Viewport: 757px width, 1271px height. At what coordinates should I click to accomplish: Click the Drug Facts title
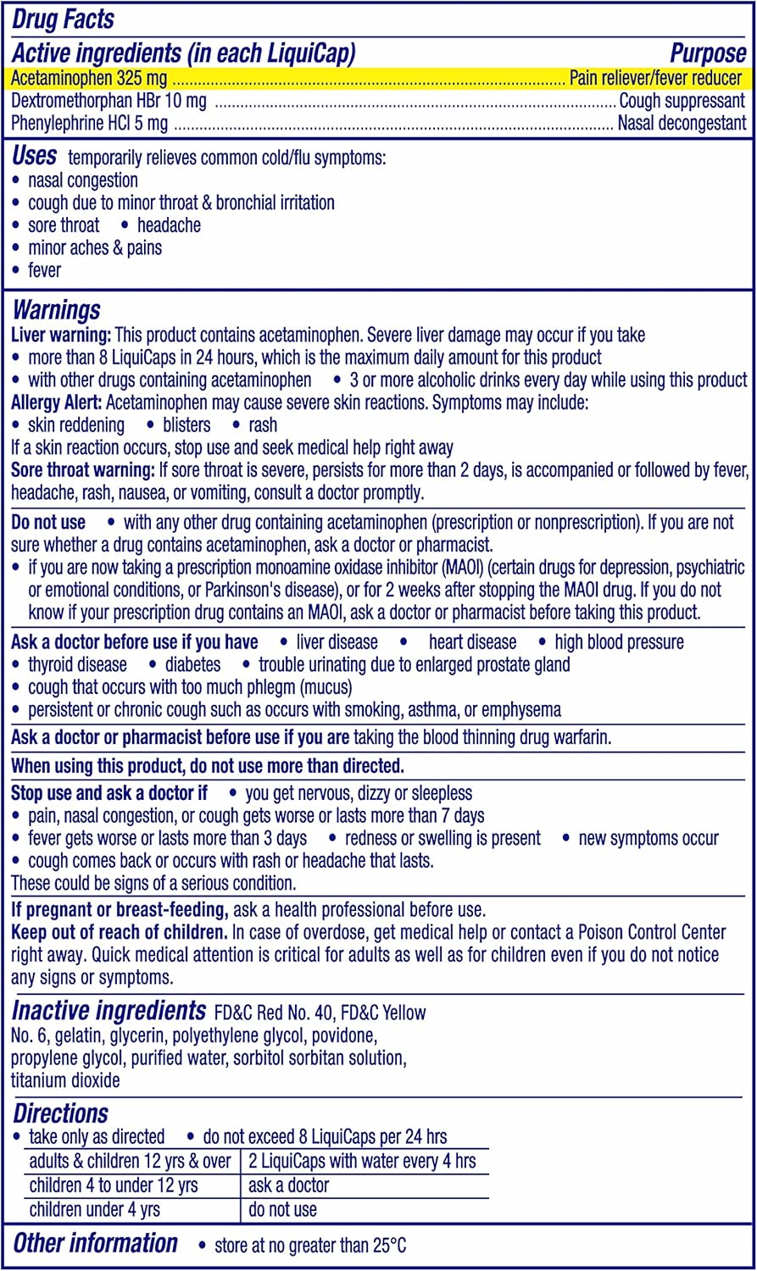pos(63,19)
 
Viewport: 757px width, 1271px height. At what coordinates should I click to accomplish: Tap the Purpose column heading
pos(708,53)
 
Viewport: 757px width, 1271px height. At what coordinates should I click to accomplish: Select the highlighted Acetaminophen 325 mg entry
pos(89,79)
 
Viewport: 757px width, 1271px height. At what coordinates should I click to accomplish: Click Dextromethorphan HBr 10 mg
pos(109,101)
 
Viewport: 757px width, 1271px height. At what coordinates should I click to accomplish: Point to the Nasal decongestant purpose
pos(682,123)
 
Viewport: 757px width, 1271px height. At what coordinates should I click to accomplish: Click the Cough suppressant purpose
pos(682,101)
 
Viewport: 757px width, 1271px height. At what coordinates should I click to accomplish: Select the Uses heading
pos(35,157)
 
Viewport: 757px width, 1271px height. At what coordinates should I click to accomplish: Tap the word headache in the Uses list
pos(169,225)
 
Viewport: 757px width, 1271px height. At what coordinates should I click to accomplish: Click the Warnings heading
pos(56,310)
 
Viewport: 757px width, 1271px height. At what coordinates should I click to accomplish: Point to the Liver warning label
pos(61,335)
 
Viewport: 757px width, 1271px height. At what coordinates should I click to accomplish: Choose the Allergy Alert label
pos(57,402)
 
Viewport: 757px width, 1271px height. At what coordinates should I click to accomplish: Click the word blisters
pos(186,425)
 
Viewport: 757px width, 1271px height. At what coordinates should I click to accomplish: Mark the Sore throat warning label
pos(82,469)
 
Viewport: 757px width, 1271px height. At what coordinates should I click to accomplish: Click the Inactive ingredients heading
pos(109,1011)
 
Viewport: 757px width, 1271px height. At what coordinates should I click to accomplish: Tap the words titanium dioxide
pos(65,1080)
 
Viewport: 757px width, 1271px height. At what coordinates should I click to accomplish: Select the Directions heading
pos(60,1113)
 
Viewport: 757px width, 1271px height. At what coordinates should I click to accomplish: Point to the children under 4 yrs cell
pos(94,1209)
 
